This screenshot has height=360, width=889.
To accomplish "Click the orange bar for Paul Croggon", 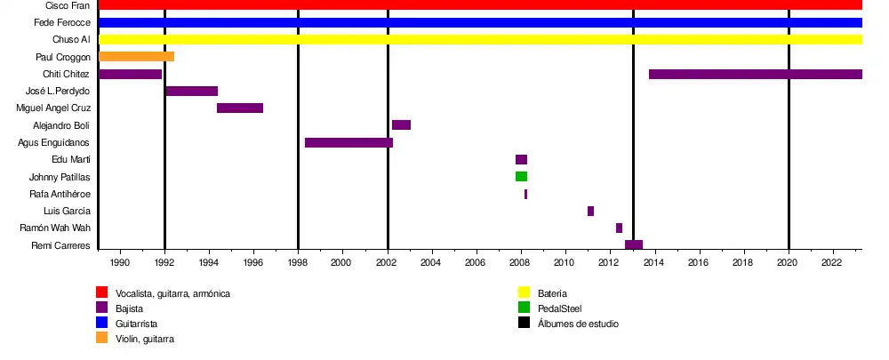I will click(x=136, y=57).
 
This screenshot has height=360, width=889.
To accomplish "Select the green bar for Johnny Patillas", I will click(x=521, y=177).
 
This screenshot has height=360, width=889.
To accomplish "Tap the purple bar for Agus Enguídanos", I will click(x=348, y=142).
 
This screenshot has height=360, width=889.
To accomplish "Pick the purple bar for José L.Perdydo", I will click(x=191, y=91).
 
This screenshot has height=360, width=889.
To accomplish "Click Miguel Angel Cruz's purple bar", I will click(x=240, y=108).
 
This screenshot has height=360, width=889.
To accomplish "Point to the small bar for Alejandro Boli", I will click(x=401, y=125).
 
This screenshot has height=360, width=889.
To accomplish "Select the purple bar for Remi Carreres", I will click(x=634, y=244).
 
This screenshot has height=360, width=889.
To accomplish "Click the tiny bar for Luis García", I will click(x=590, y=211).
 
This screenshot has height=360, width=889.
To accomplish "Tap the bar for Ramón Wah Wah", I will click(x=619, y=228).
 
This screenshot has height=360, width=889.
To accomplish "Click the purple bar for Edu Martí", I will click(x=521, y=160).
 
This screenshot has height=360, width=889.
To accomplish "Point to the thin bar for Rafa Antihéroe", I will click(x=525, y=194).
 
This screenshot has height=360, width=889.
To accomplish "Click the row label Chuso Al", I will click(x=72, y=40).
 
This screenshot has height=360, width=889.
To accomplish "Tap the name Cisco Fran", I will click(x=68, y=5).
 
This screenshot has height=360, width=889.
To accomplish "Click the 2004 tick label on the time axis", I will click(x=431, y=263).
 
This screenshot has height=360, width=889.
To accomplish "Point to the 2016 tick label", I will click(x=698, y=263).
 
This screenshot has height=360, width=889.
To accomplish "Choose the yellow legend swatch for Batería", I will click(x=525, y=292).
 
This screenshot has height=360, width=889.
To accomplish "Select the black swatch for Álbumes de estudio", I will click(x=525, y=324).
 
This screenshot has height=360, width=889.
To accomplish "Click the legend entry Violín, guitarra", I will click(x=145, y=339).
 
